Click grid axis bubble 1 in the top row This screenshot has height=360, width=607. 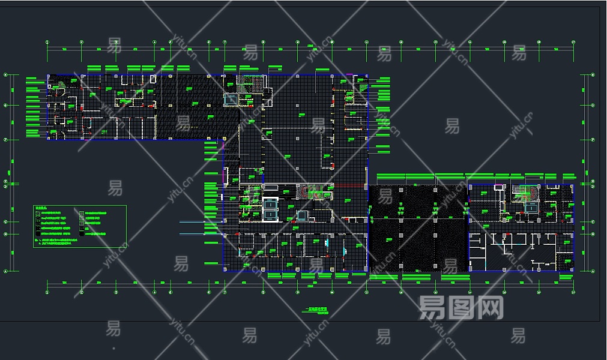(47, 43)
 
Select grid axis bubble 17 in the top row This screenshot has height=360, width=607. (573, 43)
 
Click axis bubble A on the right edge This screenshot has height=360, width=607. (593, 271)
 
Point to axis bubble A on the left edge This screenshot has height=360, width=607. (5, 271)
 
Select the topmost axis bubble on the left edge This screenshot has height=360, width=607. (5, 75)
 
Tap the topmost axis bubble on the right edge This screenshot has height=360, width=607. (593, 75)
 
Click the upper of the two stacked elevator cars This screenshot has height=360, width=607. (271, 203)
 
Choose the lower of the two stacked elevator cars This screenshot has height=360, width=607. (271, 214)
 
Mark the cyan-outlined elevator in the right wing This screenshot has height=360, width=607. (531, 208)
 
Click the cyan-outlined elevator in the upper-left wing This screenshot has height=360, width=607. (231, 99)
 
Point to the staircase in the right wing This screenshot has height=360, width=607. (527, 193)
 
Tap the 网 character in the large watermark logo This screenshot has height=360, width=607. (491, 308)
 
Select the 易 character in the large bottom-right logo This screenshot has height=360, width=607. (431, 308)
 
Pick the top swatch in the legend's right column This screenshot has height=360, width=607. (82, 213)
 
